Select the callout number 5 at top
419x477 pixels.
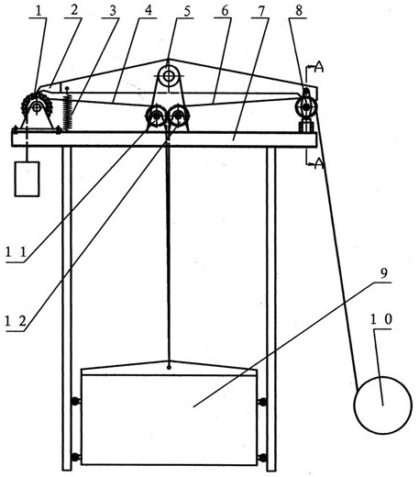tap(187, 11)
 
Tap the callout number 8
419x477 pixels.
tap(299, 11)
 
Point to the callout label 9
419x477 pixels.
tap(384, 273)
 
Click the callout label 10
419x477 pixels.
tap(380, 319)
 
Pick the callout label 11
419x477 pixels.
tap(17, 252)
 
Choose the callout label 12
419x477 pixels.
tap(16, 321)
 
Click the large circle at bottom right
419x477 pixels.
tap(383, 405)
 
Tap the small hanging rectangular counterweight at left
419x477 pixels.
tap(28, 179)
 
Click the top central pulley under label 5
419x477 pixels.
tap(168, 76)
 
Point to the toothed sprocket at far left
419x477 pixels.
tap(37, 107)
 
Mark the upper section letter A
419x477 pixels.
tap(318, 67)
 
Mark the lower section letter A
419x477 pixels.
tap(318, 163)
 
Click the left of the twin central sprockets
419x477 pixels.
tap(157, 116)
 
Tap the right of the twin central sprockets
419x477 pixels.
tap(179, 116)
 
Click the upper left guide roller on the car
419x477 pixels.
tap(75, 401)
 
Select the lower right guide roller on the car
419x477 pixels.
tap(262, 458)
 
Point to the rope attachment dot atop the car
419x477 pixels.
tap(169, 367)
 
